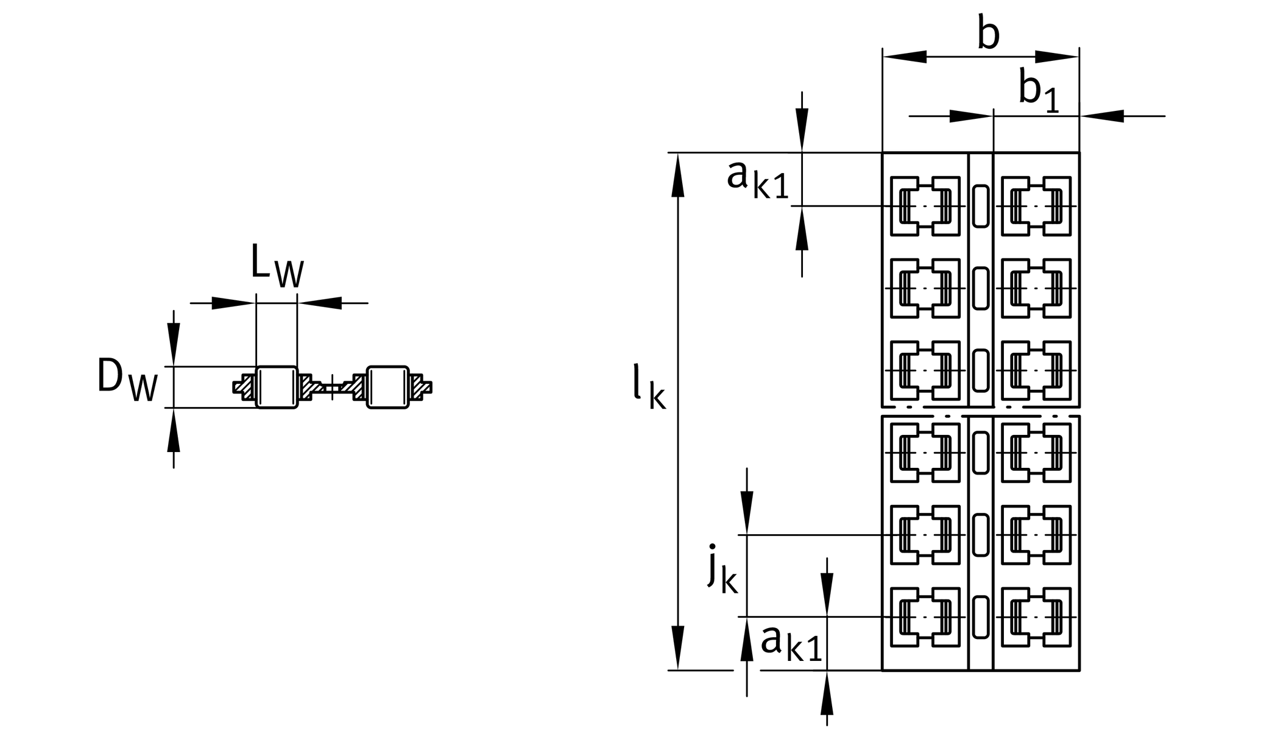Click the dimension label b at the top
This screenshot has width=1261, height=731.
[988, 34]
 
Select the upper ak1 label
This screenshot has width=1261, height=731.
[758, 180]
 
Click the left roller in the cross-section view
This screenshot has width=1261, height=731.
[277, 387]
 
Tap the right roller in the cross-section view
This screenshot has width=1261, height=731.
[387, 387]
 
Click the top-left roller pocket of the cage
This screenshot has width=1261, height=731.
[925, 206]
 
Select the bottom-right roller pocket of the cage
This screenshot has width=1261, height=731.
[1036, 617]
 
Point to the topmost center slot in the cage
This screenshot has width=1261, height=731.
[980, 206]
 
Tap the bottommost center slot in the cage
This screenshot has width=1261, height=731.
[980, 617]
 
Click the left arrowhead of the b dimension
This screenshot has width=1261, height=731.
[904, 57]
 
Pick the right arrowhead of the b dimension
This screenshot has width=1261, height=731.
[1058, 57]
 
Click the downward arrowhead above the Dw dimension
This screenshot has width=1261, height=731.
[174, 344]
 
